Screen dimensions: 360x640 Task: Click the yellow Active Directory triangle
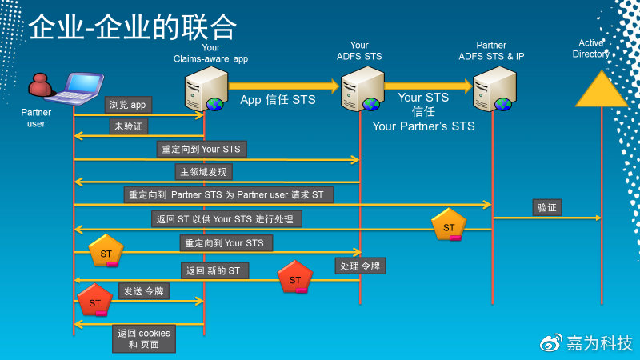pos(602,90)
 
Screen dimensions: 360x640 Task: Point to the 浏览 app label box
pos(129,104)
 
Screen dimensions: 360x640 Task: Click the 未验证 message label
pos(129,126)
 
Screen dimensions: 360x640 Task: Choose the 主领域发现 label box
pos(204,172)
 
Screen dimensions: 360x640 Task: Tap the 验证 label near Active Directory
pos(546,207)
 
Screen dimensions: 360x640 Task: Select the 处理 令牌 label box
pos(360,266)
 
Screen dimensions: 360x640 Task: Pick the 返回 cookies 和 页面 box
pos(144,338)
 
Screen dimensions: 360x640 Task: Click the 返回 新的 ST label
pos(213,270)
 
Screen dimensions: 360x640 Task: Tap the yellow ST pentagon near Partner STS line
pos(449,226)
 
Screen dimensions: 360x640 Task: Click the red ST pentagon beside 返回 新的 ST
pos(295,278)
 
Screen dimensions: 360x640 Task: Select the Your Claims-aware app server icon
pos(204,89)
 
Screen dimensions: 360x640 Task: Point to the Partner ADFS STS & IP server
pos(492,89)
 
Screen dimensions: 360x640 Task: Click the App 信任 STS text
pos(278,100)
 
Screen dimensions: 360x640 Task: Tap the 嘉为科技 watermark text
pos(600,342)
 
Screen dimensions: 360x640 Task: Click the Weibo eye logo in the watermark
pos(552,342)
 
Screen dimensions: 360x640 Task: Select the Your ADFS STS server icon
pos(360,89)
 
